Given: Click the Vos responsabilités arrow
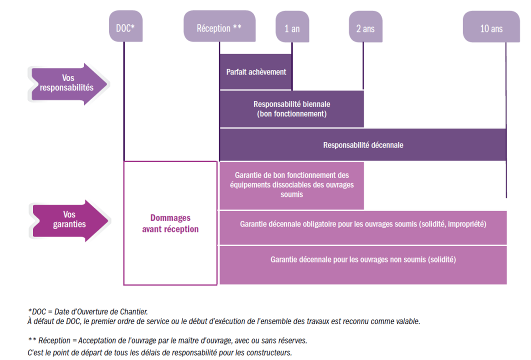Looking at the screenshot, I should (69, 83).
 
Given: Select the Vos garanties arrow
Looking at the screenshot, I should (69, 220).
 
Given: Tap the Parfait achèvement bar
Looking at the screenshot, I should (255, 72).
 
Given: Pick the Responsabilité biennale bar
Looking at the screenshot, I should (291, 109).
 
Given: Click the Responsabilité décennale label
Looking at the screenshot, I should (363, 145).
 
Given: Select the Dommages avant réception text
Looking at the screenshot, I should (170, 223).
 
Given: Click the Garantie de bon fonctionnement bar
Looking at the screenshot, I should (291, 184).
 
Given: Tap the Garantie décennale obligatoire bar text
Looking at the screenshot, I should (363, 224).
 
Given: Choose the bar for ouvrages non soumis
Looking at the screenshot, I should (363, 260).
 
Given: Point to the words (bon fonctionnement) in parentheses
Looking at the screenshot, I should (291, 114).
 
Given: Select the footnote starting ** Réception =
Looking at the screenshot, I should (167, 340).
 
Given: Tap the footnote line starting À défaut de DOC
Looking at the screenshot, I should (223, 321).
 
